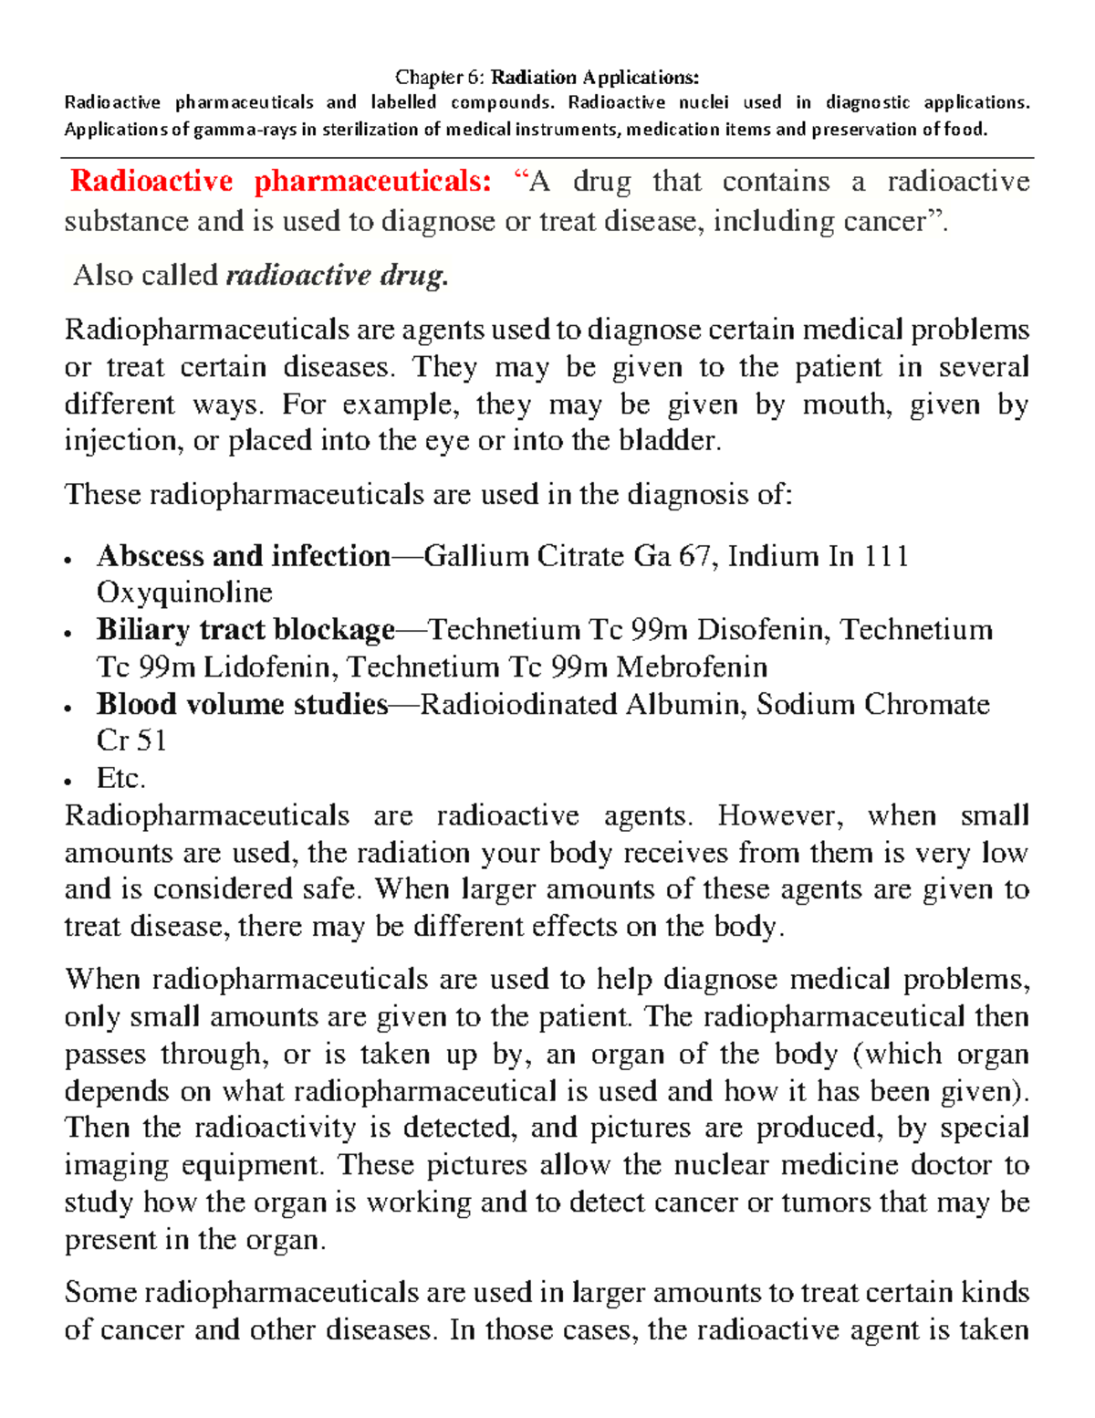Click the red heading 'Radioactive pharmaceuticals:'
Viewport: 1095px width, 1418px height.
click(281, 182)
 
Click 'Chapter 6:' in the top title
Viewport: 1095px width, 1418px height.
click(442, 78)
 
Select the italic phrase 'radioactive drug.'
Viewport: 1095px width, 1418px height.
click(337, 275)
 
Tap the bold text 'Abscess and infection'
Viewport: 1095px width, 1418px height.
click(244, 556)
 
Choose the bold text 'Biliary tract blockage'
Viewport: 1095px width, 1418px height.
click(245, 630)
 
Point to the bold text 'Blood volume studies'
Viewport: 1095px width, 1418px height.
click(243, 704)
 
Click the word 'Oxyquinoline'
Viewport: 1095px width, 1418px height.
click(184, 593)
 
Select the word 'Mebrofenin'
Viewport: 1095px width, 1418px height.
click(692, 667)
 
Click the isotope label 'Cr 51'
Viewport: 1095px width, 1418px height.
click(131, 741)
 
